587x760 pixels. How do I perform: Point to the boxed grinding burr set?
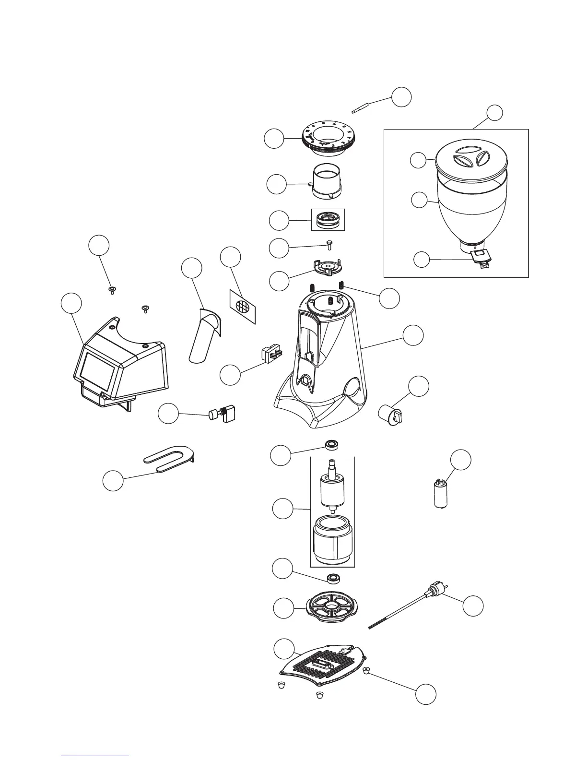tap(329, 220)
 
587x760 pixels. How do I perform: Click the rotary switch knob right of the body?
tap(392, 415)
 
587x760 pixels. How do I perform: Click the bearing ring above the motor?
tap(331, 444)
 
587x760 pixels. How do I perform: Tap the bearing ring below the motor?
tap(332, 578)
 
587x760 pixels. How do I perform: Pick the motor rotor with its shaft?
tap(332, 489)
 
